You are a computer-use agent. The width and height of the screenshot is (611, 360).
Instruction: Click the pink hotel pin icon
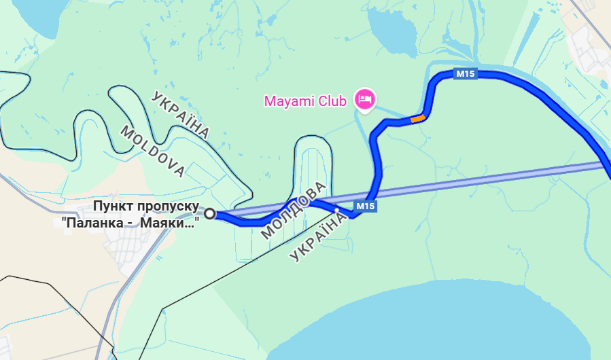coord(366,100)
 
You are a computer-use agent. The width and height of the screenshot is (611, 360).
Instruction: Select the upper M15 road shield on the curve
coord(466,74)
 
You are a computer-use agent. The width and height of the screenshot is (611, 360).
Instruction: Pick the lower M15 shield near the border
coord(366,206)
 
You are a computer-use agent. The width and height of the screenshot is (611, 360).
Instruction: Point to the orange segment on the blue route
coord(417,119)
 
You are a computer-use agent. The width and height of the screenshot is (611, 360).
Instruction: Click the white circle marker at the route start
coord(210,214)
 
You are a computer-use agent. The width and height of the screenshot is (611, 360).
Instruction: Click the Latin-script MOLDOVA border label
coord(152,151)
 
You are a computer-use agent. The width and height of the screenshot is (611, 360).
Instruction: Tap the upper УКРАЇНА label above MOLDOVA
coord(181,114)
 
